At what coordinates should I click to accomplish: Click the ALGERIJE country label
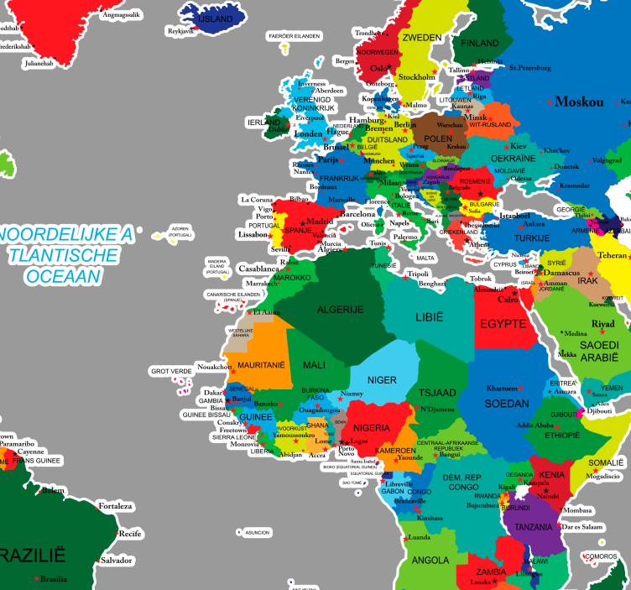[x=340, y=310]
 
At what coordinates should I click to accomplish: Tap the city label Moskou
[x=579, y=102]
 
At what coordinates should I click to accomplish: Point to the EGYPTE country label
[x=503, y=323]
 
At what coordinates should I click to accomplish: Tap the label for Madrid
[x=319, y=222]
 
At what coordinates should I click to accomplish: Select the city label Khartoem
[x=508, y=389]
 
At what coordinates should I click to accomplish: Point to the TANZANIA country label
[x=534, y=526]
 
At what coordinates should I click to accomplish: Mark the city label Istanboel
[x=515, y=216]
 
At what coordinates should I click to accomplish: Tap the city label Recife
[x=130, y=533]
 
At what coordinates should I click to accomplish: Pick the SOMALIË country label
[x=606, y=462]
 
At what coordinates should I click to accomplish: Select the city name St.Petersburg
[x=530, y=67]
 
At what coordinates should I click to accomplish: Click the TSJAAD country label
[x=435, y=392]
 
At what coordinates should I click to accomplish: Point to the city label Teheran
[x=612, y=255]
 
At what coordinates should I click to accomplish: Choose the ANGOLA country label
[x=430, y=560]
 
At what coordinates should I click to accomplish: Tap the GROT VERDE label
[x=170, y=370]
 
